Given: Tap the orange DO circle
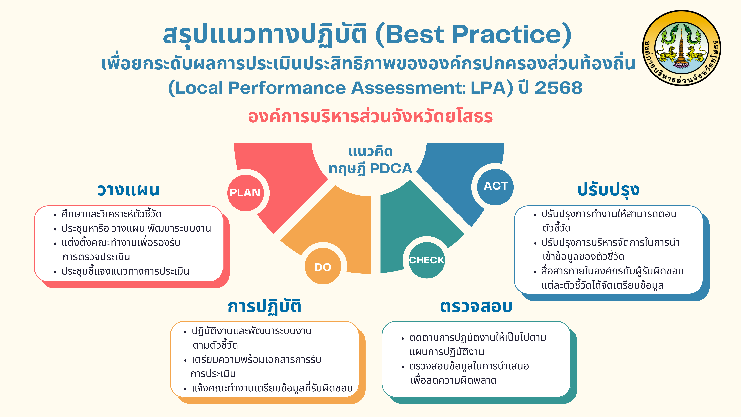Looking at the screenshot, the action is tap(323, 266).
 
